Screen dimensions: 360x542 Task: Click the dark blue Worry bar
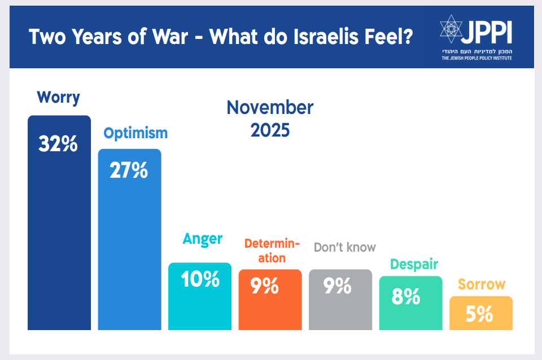(x=59, y=237)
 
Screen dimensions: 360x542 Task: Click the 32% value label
(x=58, y=144)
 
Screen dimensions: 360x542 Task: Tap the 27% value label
(x=129, y=170)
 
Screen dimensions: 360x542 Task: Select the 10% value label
(x=200, y=280)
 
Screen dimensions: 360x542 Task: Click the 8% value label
(x=406, y=297)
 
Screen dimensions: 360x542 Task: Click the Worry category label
(x=59, y=98)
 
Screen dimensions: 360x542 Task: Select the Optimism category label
(x=135, y=133)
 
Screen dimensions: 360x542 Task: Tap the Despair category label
(x=414, y=264)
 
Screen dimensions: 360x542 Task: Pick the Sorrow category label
(x=481, y=284)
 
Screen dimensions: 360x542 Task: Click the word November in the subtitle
(x=270, y=107)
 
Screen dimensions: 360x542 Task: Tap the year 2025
(x=270, y=130)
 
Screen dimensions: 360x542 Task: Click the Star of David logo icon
(x=451, y=30)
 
